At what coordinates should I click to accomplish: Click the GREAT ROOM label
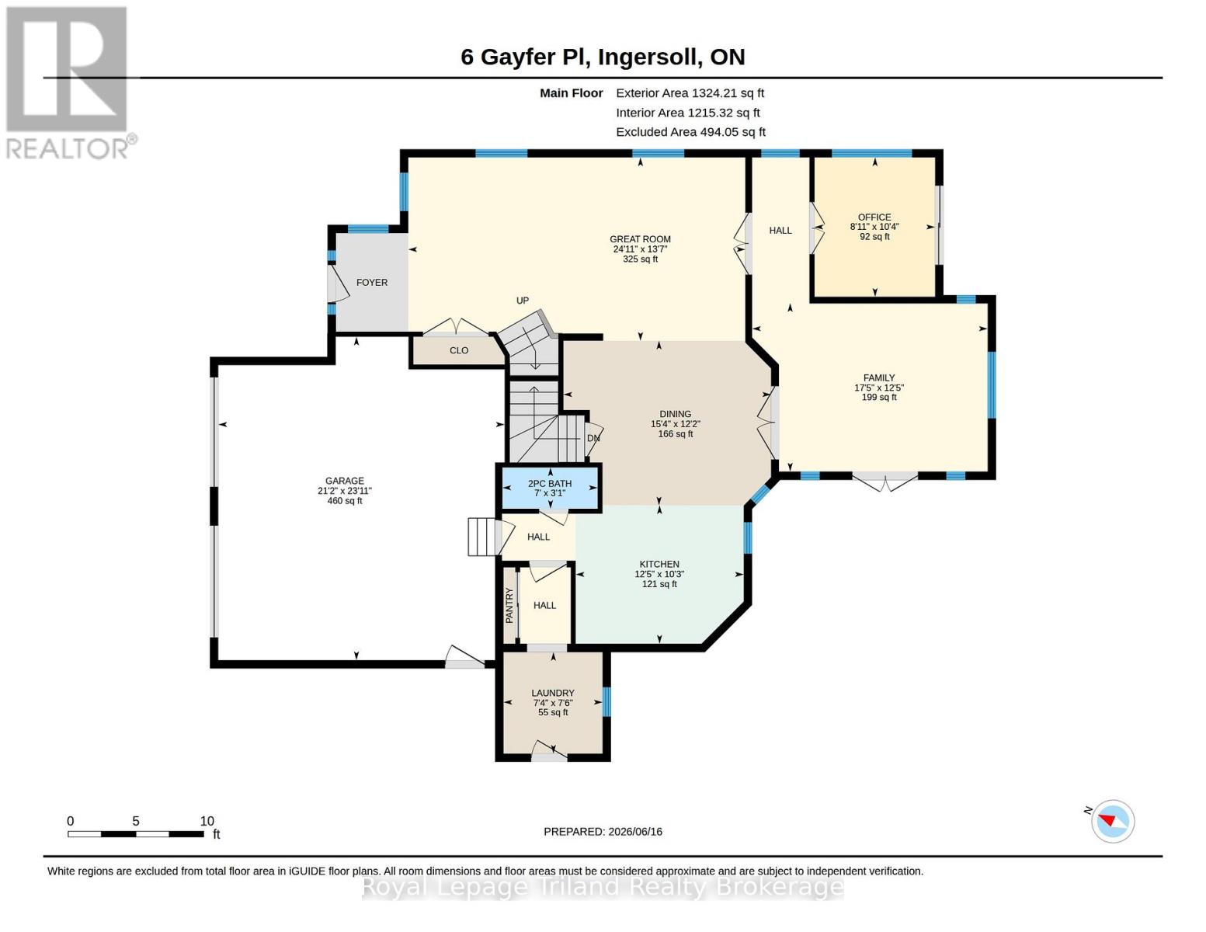640,239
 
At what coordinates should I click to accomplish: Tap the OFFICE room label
874,217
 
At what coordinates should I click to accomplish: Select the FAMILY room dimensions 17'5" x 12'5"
878,388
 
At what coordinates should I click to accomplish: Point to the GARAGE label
345,481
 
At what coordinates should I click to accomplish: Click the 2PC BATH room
550,488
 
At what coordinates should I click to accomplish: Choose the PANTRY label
509,605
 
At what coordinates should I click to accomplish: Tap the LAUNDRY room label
553,693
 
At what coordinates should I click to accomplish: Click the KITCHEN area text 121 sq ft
659,584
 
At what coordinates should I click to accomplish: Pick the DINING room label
676,414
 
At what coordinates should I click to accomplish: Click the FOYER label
372,283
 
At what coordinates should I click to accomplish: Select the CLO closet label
459,350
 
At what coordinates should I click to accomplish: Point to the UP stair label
523,301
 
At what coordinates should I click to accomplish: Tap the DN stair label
593,438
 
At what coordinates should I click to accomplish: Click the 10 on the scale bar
207,821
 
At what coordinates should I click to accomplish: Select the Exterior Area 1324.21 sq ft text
690,93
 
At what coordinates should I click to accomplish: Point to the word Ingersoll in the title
647,57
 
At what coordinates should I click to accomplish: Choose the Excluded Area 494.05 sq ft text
690,132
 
